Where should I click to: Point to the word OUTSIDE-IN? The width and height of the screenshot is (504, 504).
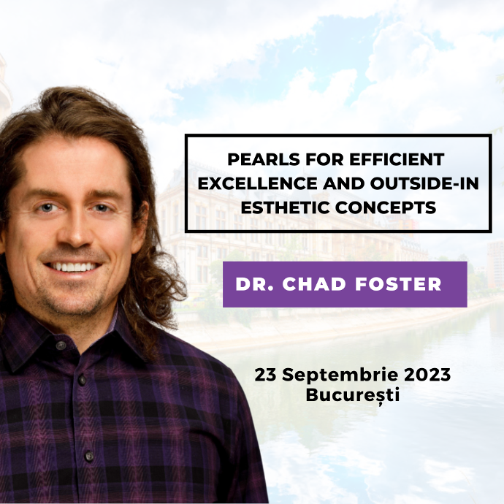(x=424, y=183)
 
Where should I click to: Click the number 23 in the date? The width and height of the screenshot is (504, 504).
(x=265, y=375)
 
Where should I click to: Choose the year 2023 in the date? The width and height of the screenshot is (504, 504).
(x=427, y=375)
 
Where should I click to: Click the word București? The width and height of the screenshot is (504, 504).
(x=353, y=394)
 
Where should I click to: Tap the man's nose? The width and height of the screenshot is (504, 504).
(x=73, y=232)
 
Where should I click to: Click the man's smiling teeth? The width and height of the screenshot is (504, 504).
(x=72, y=267)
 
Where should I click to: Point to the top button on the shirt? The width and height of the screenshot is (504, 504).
(x=61, y=345)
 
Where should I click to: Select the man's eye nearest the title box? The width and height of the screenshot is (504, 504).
(x=101, y=208)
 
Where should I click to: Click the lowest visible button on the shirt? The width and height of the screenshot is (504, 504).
(x=89, y=456)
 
